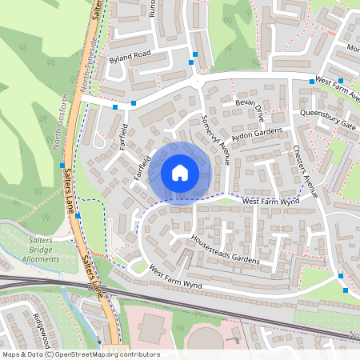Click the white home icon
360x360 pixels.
180,172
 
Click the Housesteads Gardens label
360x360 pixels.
226,250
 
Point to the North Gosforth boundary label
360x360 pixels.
61,122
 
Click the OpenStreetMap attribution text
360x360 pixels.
80,354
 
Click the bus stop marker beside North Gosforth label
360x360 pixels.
62,166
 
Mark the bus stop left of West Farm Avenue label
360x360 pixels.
311,81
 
